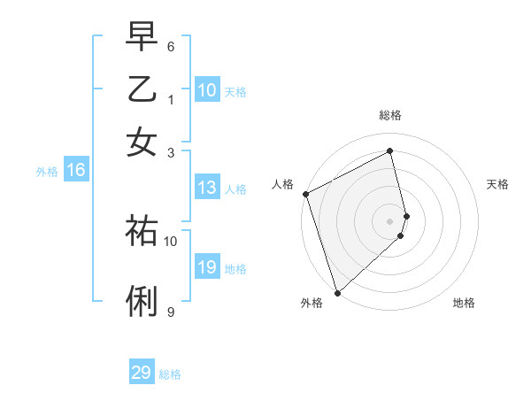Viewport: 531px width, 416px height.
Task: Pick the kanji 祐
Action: click(142, 230)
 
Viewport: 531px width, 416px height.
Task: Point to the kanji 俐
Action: click(142, 302)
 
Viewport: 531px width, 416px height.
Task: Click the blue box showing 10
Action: click(206, 90)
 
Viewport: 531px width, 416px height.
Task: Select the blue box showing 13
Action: click(206, 188)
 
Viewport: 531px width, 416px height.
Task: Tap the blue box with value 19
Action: click(206, 267)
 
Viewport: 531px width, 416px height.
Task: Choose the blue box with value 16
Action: click(76, 171)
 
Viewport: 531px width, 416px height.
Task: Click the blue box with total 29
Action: click(142, 373)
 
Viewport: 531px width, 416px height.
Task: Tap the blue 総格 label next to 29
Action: click(170, 374)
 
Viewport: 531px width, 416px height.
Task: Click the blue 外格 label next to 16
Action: click(47, 172)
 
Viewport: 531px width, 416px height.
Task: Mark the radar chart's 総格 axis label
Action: click(390, 115)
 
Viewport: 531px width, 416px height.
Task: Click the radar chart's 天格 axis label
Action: click(497, 184)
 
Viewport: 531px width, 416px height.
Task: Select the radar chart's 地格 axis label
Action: click(464, 303)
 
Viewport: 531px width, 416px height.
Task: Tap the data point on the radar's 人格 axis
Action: click(305, 194)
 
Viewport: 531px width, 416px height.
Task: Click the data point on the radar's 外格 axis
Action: click(337, 292)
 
